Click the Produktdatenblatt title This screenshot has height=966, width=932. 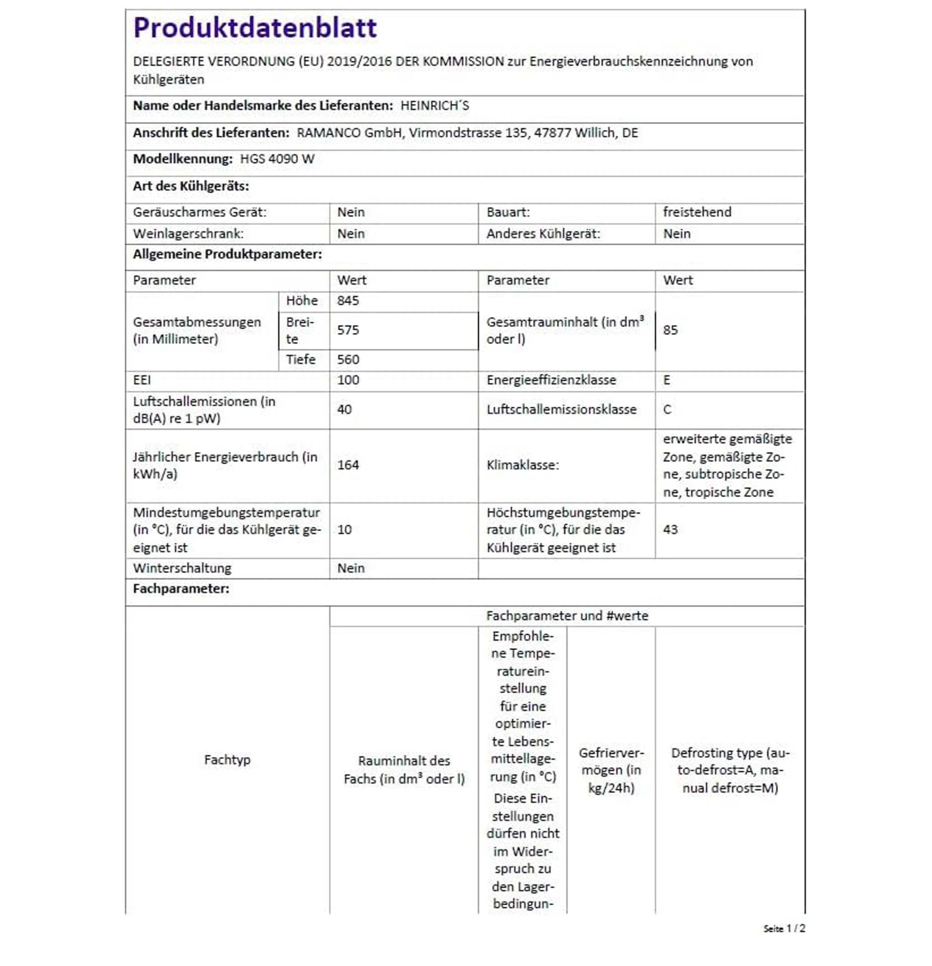(255, 28)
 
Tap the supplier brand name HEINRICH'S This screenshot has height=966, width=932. (434, 106)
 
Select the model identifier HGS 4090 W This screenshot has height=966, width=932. (277, 159)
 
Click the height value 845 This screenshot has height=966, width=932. (348, 301)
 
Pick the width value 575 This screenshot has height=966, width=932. (348, 330)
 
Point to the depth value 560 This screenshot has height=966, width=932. (348, 360)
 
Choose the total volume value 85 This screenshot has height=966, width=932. (670, 330)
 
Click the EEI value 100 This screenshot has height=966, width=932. (348, 380)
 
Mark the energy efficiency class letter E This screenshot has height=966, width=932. (667, 380)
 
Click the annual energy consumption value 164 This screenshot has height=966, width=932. (348, 465)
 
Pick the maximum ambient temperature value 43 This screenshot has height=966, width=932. (670, 530)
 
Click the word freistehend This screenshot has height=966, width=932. (697, 212)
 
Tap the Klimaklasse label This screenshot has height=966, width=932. (523, 465)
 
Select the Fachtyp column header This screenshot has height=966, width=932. (227, 760)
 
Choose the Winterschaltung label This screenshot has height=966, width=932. (182, 568)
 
